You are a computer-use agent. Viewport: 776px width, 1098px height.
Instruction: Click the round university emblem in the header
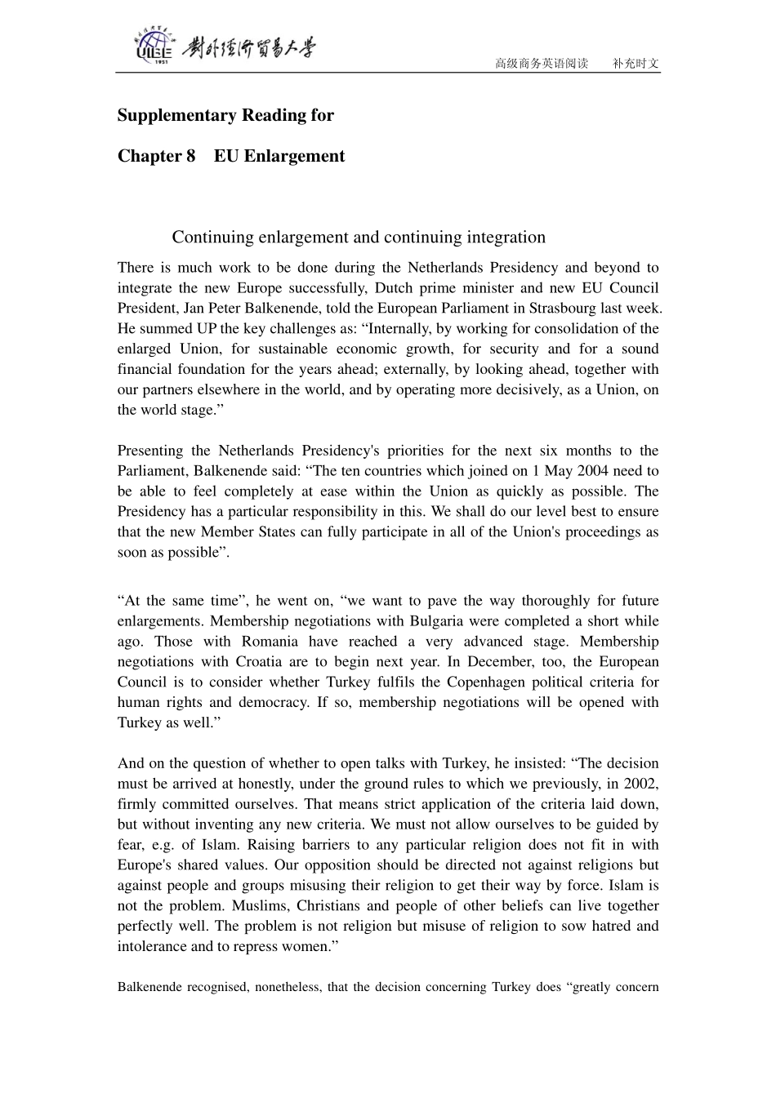click(154, 47)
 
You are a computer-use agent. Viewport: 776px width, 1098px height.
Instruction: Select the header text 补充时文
click(636, 64)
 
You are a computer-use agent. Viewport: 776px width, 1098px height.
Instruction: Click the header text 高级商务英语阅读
click(542, 64)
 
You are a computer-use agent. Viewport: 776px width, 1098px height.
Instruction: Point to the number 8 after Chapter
click(190, 156)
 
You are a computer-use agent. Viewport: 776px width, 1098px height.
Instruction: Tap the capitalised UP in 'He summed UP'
click(206, 328)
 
